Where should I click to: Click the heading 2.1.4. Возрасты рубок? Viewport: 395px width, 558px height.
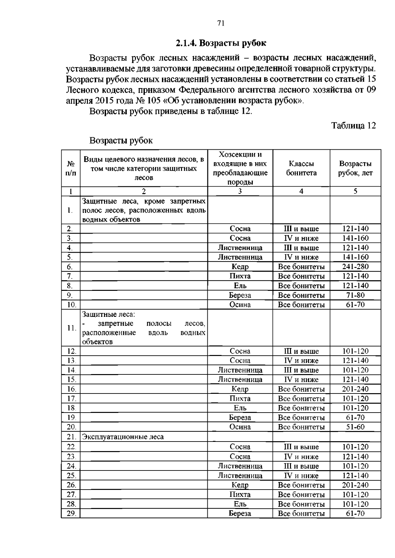coord(221,43)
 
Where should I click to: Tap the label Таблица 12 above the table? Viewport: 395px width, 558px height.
coord(353,126)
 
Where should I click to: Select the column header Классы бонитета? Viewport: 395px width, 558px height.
coord(301,168)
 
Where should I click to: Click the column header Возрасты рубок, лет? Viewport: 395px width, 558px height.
coord(355,168)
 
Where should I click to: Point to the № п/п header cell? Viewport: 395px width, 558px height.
coord(71,168)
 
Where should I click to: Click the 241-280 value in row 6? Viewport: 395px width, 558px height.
coord(355,266)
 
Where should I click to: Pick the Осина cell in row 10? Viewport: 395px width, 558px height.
coord(240,305)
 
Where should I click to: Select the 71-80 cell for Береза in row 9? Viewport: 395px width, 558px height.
coord(355,295)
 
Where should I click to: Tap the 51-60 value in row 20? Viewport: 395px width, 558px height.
coord(355,427)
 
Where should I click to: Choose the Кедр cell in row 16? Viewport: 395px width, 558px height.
coord(240,389)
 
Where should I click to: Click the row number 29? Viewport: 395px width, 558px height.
coord(71,513)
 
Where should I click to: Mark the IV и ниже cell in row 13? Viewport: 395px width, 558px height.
coord(301,361)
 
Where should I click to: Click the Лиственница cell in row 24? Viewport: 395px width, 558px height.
coord(240,466)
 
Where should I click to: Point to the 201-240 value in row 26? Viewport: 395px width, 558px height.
coord(355,485)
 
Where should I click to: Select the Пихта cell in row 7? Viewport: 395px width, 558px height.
coord(240,276)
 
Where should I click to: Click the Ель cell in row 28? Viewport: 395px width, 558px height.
coord(240,504)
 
